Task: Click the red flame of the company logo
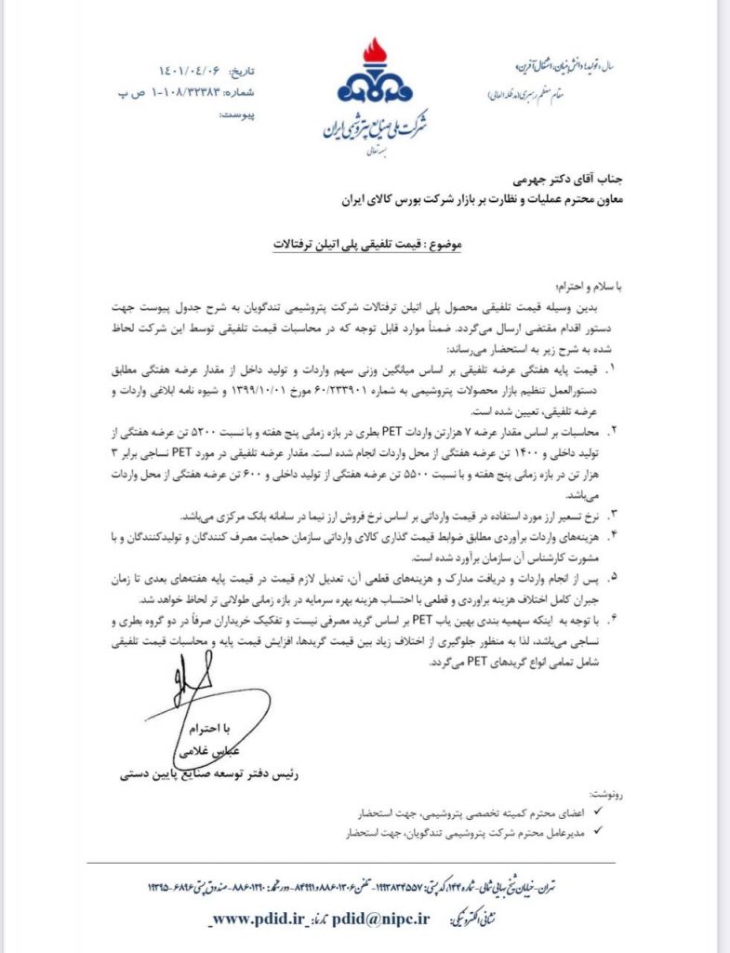tap(373, 54)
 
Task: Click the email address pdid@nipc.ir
tap(381, 918)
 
